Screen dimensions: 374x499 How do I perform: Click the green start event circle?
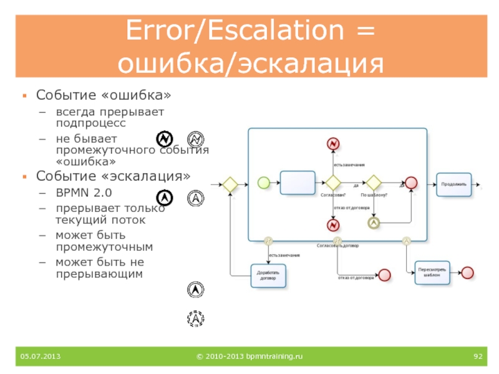point(264,183)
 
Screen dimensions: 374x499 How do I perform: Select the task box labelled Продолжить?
point(453,184)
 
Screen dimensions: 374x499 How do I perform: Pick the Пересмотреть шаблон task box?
point(431,272)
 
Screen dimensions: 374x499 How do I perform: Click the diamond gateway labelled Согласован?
point(332,183)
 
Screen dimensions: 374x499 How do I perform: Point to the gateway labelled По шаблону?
point(374,183)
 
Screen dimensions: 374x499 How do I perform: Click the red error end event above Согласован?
point(332,144)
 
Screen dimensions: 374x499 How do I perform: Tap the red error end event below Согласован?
point(332,224)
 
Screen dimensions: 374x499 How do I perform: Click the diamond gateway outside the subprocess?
point(230,185)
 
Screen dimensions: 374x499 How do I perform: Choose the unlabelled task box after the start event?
point(298,183)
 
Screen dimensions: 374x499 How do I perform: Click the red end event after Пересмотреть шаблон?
point(467,272)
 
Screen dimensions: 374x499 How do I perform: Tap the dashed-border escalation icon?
point(196,319)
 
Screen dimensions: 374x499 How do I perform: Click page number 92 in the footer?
point(478,356)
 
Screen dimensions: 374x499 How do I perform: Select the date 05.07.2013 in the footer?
point(40,356)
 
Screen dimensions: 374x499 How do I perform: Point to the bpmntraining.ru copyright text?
point(249,356)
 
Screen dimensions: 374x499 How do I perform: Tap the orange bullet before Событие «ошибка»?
point(24,97)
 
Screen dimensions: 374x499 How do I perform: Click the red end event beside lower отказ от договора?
point(384,275)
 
